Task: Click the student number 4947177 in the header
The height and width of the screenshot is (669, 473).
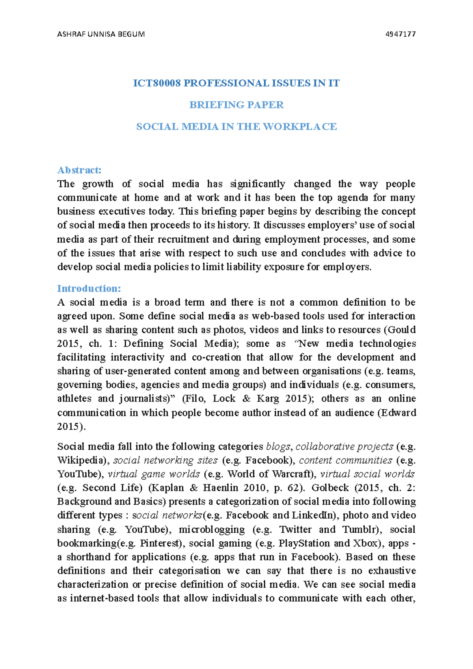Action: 400,34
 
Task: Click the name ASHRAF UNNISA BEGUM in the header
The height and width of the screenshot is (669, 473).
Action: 101,34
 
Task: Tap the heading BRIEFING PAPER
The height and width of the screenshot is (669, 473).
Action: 236,105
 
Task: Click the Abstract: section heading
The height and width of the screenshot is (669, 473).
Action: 79,170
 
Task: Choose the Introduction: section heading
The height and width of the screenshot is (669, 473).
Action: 89,288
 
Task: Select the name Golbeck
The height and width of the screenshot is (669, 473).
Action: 330,488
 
